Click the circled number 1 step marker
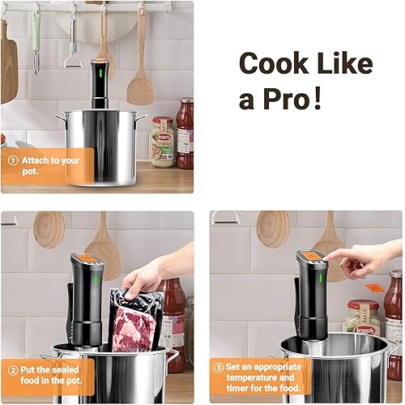[13, 160]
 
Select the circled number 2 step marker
[13, 371]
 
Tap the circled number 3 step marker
[219, 368]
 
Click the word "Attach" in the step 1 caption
[34, 160]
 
